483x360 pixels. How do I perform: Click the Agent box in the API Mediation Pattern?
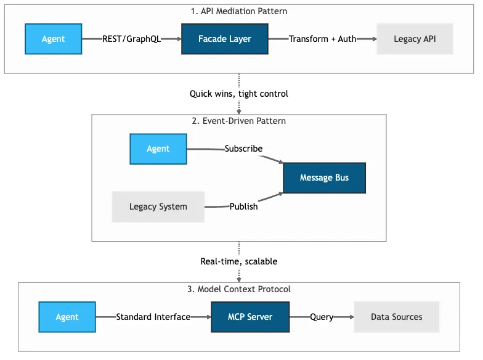point(54,39)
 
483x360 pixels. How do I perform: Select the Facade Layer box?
point(224,39)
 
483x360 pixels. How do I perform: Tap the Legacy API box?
point(415,39)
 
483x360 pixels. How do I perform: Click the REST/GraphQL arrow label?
point(131,39)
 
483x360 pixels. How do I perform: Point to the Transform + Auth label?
point(322,39)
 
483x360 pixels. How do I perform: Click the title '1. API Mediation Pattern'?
point(239,11)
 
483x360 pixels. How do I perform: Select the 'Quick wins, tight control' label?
point(239,94)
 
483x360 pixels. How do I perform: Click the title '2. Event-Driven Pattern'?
point(239,121)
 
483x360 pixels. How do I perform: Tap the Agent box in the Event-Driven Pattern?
point(158,149)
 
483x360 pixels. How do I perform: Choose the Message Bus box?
point(324,178)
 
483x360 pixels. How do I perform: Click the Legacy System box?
point(158,207)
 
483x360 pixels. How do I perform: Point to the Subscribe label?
point(243,149)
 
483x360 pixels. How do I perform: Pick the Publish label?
point(243,207)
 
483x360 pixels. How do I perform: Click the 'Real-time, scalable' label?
point(239,261)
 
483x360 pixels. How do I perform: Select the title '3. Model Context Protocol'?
point(239,289)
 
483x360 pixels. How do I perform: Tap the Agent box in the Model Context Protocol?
point(67,317)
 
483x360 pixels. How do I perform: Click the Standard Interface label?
point(153,317)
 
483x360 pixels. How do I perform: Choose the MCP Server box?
point(250,317)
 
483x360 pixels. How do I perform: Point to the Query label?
point(322,317)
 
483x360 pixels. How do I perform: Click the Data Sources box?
point(397,317)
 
